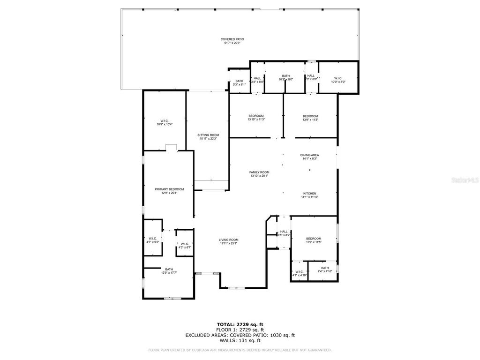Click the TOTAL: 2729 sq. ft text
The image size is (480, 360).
pos(240,324)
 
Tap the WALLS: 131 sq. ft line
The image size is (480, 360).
pos(240,340)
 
